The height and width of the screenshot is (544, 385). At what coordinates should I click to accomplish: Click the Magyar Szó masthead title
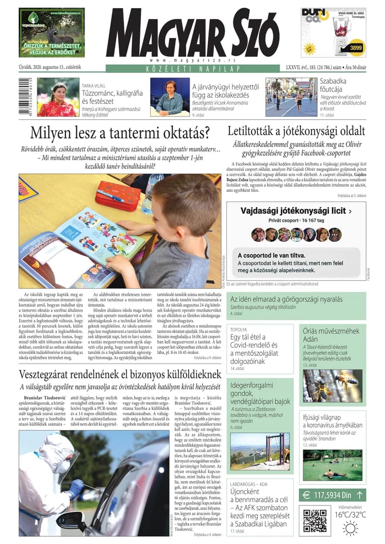(x=192, y=33)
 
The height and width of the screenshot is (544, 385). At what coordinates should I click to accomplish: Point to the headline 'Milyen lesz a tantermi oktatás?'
(x=120, y=132)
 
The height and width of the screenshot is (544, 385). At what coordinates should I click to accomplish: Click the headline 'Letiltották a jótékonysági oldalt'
(x=296, y=131)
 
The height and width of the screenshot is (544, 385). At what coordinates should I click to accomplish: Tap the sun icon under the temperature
(x=350, y=528)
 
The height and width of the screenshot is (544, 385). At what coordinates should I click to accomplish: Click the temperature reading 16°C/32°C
(x=350, y=515)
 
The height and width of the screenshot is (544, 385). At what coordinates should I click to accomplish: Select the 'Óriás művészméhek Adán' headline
(x=331, y=335)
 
